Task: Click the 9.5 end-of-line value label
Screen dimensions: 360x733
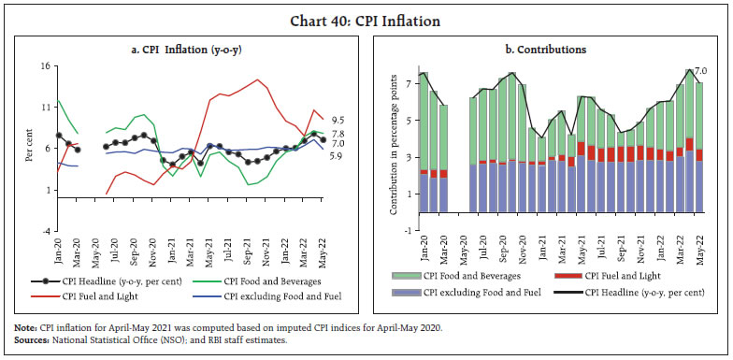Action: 339,121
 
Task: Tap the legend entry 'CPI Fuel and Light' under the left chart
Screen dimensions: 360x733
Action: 96,296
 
